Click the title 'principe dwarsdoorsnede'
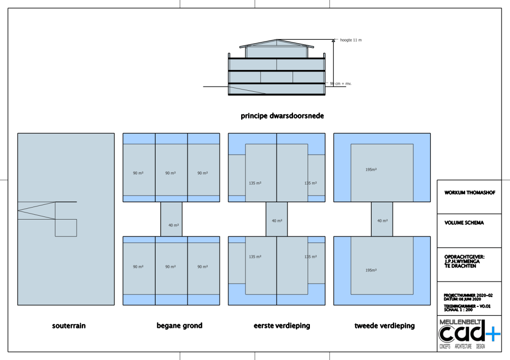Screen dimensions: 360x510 (x=282, y=116)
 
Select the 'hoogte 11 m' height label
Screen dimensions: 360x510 (x=351, y=40)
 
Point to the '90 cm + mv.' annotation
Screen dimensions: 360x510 (x=341, y=83)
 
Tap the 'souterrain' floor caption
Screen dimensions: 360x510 (x=69, y=325)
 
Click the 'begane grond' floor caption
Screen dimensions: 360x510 (x=179, y=325)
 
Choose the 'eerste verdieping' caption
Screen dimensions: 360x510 (x=282, y=325)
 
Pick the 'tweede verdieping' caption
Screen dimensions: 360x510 (x=384, y=325)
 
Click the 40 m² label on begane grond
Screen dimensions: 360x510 (x=173, y=225)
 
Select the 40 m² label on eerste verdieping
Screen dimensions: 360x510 (x=277, y=221)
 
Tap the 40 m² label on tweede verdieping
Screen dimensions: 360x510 (x=382, y=221)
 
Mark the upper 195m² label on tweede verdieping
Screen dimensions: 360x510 (x=371, y=169)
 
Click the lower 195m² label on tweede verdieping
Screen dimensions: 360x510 (x=371, y=270)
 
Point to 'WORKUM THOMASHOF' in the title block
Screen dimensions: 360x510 (x=470, y=193)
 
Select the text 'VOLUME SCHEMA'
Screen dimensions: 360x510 (x=464, y=223)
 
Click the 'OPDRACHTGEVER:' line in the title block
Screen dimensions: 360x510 (x=464, y=257)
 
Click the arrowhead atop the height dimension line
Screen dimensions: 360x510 (x=333, y=41)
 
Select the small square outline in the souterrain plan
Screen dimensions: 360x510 (x=66, y=228)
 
